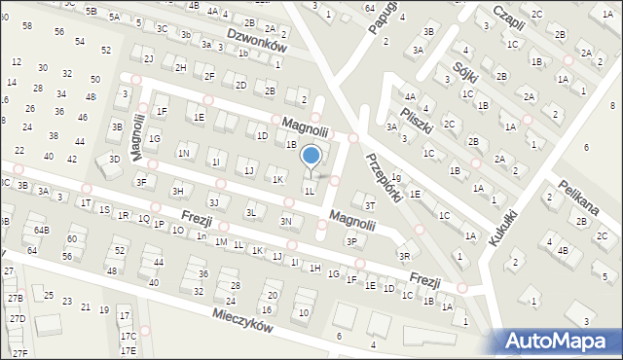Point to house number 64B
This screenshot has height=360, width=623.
[x=41, y=230]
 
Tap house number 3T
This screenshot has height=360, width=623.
[x=369, y=205]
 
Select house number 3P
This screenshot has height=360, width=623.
[x=351, y=240]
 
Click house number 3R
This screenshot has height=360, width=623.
[x=404, y=256]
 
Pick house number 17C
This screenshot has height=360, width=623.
[x=128, y=336]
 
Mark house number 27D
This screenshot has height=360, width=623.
[x=18, y=318]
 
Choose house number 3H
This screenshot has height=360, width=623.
[x=177, y=191]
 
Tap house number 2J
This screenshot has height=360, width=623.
[x=148, y=58]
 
